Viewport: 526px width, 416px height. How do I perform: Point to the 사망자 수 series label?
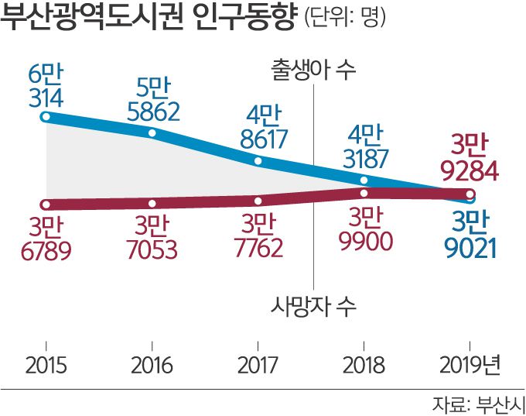pyautogui.click(x=313, y=304)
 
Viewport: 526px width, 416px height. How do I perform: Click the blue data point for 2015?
pyautogui.click(x=46, y=118)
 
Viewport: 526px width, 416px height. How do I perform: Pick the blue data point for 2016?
pyautogui.click(x=152, y=134)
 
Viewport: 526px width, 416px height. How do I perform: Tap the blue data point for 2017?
pyautogui.click(x=259, y=162)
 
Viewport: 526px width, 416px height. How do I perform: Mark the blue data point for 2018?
pyautogui.click(x=364, y=180)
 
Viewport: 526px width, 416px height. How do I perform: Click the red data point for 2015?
pyautogui.click(x=46, y=205)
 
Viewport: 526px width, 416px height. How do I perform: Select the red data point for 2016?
pyautogui.click(x=152, y=203)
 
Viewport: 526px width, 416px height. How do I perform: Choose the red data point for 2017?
pyautogui.click(x=259, y=200)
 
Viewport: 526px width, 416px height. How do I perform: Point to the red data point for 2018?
pyautogui.click(x=364, y=191)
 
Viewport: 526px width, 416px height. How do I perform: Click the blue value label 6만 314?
pyautogui.click(x=46, y=88)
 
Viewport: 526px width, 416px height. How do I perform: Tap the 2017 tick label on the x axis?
pyautogui.click(x=259, y=364)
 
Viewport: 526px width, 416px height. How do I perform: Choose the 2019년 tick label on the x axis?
pyautogui.click(x=470, y=364)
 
